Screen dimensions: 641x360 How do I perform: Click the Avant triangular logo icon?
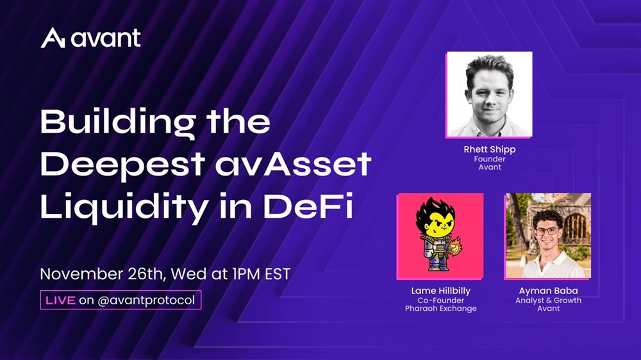tap(53, 38)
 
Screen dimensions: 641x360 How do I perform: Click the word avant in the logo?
tap(106, 38)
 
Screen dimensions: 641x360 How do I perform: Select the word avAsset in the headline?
tap(293, 163)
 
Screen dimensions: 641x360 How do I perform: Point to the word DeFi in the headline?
tap(308, 206)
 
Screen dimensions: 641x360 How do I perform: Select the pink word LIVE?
tap(60, 300)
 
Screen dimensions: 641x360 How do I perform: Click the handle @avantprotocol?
tap(146, 300)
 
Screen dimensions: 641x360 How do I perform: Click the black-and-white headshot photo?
tap(489, 94)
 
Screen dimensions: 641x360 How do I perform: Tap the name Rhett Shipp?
tap(490, 149)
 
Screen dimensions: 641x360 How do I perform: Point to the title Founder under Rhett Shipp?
tap(490, 159)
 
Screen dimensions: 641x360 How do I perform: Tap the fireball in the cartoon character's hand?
tap(454, 247)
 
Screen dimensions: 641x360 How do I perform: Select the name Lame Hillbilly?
tap(441, 291)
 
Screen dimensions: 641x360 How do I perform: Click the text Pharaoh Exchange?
tap(441, 309)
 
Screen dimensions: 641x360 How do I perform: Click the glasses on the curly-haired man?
tap(546, 231)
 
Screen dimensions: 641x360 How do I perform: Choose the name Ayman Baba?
tap(548, 291)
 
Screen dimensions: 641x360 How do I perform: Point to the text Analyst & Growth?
tap(548, 300)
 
